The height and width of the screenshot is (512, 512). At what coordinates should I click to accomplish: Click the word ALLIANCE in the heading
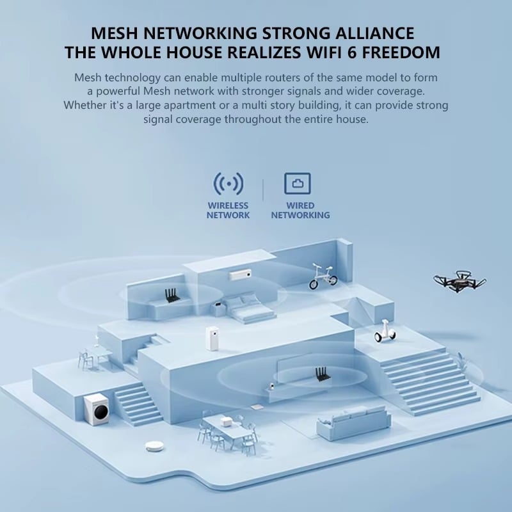(367, 33)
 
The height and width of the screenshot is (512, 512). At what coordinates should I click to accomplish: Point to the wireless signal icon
(228, 184)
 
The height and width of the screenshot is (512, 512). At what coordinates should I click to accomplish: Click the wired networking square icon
(298, 184)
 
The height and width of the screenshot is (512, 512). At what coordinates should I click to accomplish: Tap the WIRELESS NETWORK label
(228, 211)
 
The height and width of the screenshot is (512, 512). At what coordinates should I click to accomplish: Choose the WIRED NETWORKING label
(300, 211)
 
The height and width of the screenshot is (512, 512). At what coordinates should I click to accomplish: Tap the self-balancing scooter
(385, 331)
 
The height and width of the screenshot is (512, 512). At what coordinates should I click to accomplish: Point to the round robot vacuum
(154, 446)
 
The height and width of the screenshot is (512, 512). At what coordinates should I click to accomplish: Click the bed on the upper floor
(247, 308)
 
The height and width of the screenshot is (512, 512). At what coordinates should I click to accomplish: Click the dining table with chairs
(227, 429)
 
